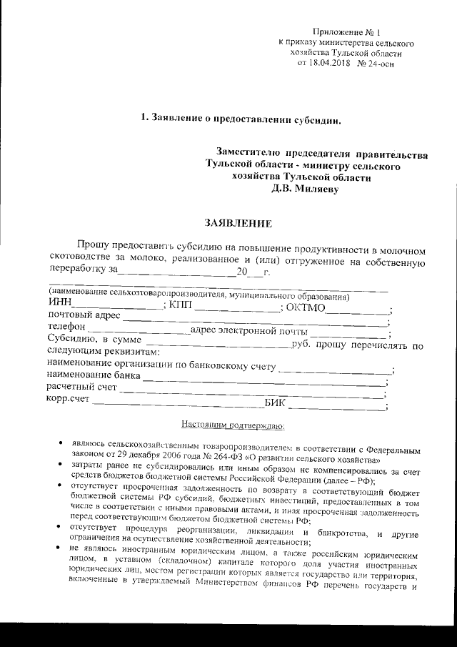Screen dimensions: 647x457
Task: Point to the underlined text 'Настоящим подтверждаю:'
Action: tap(233, 427)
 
